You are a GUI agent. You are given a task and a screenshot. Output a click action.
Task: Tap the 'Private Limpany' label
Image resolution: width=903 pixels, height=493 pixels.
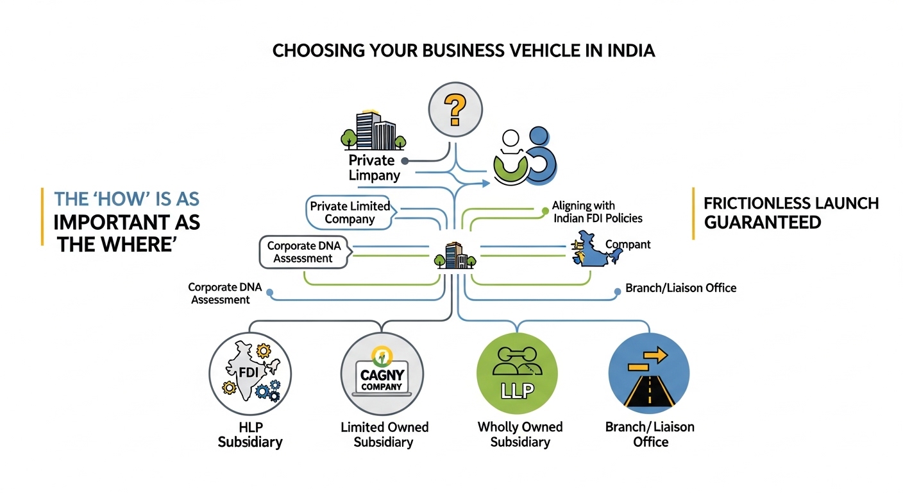374,167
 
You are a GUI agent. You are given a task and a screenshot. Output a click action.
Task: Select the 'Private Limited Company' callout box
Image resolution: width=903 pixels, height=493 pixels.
350,212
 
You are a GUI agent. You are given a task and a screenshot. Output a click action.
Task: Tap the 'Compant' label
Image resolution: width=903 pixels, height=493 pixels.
628,245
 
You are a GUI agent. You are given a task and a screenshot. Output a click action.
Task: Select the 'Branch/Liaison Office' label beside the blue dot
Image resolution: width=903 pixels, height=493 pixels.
680,288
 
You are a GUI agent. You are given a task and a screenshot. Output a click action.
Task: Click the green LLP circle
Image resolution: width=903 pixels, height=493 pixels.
518,372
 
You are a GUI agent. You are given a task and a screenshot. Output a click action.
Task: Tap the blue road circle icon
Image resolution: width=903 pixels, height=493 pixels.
648,373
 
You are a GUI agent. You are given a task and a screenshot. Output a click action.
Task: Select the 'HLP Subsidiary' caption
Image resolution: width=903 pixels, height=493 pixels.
250,435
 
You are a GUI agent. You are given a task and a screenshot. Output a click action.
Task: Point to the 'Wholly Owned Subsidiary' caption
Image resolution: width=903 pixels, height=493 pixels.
520,434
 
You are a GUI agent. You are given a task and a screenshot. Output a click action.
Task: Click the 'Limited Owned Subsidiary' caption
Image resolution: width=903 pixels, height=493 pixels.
384,435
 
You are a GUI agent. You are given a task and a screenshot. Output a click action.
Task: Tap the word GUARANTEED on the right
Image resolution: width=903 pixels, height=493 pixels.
763,222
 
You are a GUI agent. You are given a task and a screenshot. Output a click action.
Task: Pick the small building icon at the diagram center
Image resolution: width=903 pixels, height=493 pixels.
455,255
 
